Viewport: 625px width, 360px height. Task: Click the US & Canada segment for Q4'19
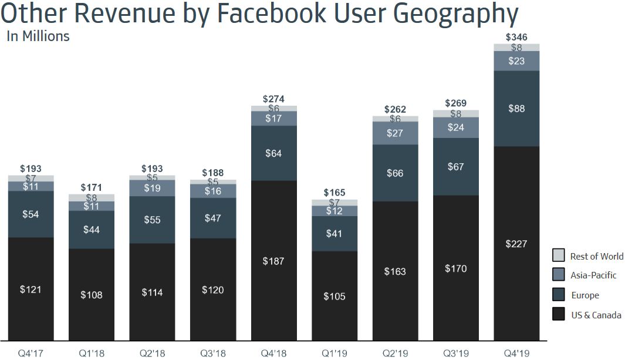[517, 243]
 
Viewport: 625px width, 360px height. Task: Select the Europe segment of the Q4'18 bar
[274, 153]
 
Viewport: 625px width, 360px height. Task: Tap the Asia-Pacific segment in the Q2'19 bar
[396, 133]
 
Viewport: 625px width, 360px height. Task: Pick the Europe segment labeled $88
[517, 109]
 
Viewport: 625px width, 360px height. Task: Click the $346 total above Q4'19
[517, 38]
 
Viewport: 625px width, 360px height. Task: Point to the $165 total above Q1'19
[335, 193]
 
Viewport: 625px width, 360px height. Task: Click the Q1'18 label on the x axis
[92, 354]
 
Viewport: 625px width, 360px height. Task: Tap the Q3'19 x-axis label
[456, 354]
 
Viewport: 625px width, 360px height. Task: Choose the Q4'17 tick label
[31, 354]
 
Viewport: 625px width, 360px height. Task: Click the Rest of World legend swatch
[558, 255]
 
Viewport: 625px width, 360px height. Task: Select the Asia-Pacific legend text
[593, 275]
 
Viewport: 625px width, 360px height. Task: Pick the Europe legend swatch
[558, 295]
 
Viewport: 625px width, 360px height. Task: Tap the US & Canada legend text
[596, 315]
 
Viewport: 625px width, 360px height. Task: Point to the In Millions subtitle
[38, 36]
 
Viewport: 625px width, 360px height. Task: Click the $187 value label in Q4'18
[274, 261]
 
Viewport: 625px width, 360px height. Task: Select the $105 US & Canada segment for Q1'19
[335, 296]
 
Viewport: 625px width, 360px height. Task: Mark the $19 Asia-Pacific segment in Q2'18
[152, 188]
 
